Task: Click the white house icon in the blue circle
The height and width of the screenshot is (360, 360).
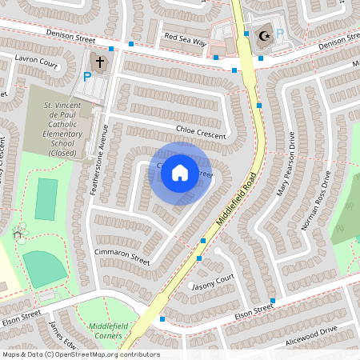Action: click(x=180, y=173)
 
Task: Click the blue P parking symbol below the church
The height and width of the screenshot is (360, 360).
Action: click(x=87, y=78)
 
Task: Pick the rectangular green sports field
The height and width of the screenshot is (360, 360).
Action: click(x=46, y=199)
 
